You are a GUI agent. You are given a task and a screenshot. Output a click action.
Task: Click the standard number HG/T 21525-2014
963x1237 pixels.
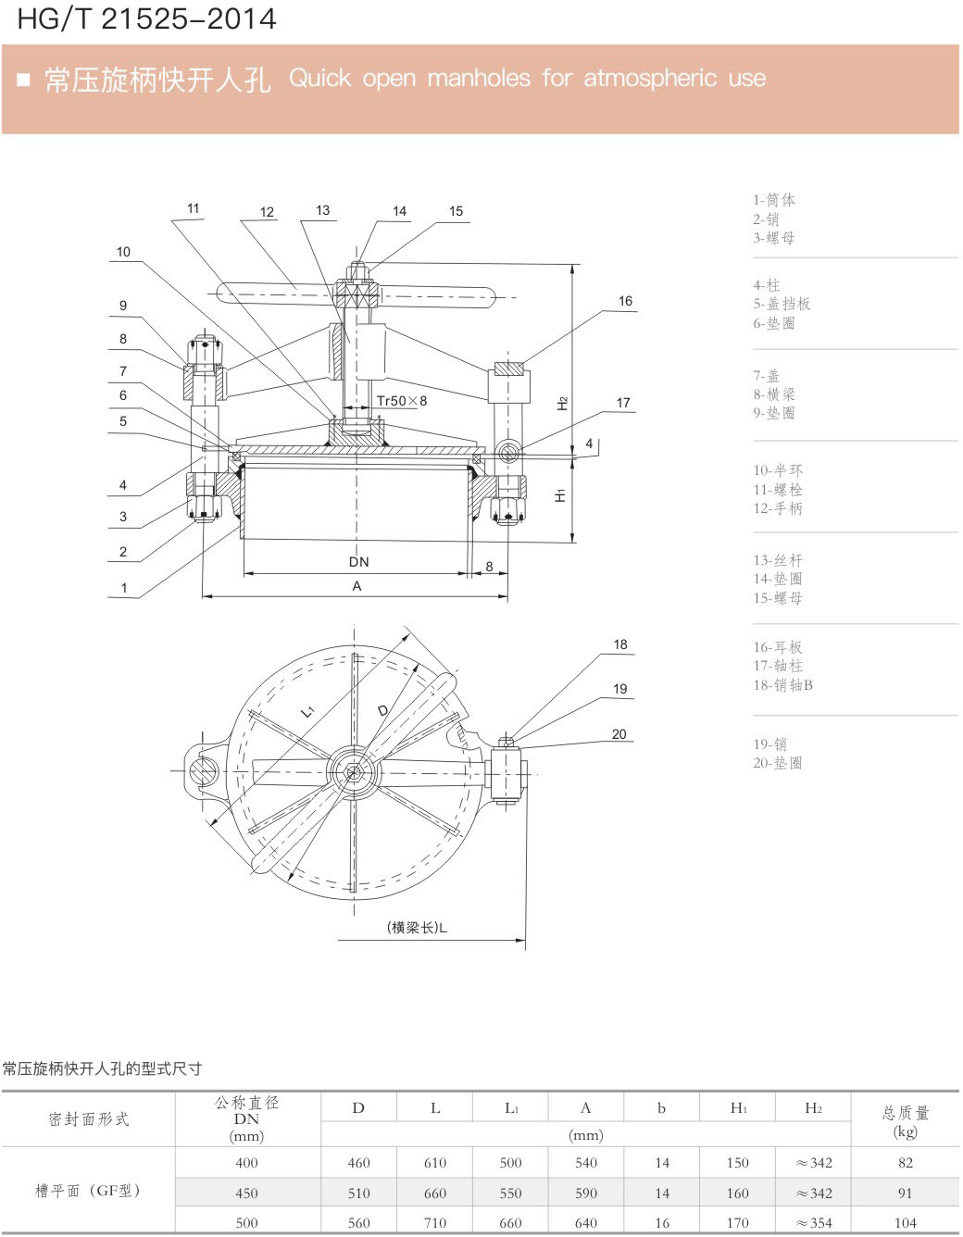click(146, 19)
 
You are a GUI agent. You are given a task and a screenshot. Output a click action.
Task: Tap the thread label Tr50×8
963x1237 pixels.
click(402, 401)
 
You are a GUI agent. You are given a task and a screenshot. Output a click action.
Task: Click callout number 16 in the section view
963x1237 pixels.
click(625, 301)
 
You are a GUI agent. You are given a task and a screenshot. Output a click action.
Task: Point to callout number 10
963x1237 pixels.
click(123, 252)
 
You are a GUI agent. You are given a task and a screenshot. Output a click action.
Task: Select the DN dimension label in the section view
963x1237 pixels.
click(358, 562)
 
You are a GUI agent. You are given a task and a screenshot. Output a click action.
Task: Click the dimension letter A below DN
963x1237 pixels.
click(356, 586)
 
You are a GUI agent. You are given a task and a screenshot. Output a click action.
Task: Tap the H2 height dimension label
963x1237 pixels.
click(562, 403)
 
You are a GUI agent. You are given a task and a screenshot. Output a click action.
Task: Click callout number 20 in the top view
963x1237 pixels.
click(619, 734)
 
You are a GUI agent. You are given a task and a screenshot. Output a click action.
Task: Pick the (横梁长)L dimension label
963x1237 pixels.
click(417, 928)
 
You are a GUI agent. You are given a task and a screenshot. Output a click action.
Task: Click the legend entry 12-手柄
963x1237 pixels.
click(778, 508)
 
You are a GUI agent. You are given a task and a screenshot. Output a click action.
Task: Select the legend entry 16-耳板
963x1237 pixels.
click(778, 647)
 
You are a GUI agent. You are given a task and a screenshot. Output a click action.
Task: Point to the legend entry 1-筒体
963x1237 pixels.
click(774, 200)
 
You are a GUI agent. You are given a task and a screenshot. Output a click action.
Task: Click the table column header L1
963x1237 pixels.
click(511, 1108)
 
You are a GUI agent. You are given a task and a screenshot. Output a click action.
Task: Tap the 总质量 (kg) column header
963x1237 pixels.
click(906, 1121)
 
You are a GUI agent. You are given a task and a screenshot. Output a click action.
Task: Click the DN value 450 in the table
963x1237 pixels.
click(246, 1193)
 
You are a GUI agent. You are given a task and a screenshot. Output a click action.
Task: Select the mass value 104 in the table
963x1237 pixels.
click(906, 1223)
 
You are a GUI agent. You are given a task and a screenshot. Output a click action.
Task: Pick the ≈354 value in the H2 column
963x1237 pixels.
click(814, 1223)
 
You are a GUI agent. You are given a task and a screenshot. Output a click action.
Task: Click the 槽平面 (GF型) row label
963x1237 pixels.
click(88, 1191)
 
